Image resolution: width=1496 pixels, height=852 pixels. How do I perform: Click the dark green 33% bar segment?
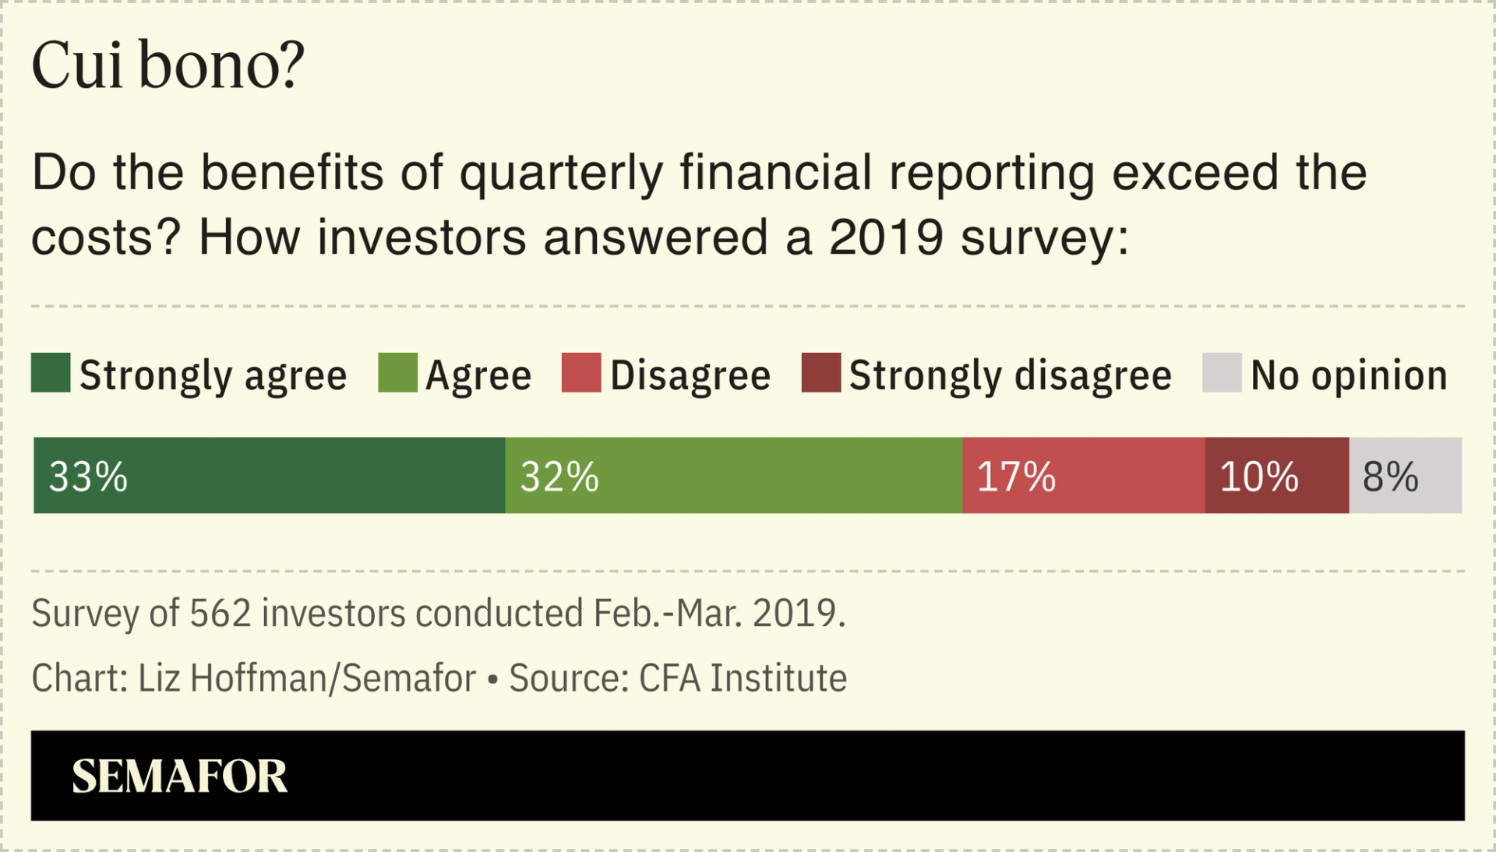pos(269,475)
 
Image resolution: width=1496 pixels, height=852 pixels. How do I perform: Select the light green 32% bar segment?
pos(733,475)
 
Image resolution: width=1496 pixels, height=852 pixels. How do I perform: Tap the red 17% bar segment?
pos(1083,475)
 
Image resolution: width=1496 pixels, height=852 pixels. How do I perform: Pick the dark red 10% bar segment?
pos(1276,475)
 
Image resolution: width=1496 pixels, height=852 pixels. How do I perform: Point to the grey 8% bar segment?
pos(1405,475)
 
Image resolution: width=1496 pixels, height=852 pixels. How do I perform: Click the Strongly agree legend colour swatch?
pos(51,372)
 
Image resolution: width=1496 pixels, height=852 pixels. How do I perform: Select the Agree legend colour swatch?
pos(397,372)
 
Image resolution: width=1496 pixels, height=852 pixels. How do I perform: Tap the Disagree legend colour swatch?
pos(581,372)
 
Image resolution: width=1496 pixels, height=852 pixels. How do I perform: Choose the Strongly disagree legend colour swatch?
pos(821,372)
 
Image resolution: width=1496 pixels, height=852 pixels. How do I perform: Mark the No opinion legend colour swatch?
pos(1222,372)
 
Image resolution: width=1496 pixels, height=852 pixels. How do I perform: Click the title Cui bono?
pos(168,65)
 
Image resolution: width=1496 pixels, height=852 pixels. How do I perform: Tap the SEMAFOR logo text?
pos(179,776)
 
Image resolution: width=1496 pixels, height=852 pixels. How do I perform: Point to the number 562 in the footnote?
pos(221,614)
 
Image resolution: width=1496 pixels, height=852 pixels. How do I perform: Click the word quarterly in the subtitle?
pos(561,173)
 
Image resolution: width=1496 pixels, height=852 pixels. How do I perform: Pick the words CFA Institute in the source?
pos(743,678)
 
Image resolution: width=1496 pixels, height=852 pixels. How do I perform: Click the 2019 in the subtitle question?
pos(886,238)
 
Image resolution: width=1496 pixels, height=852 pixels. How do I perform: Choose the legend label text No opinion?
pos(1349,375)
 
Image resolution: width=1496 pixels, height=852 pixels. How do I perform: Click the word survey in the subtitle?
pos(1044,238)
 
